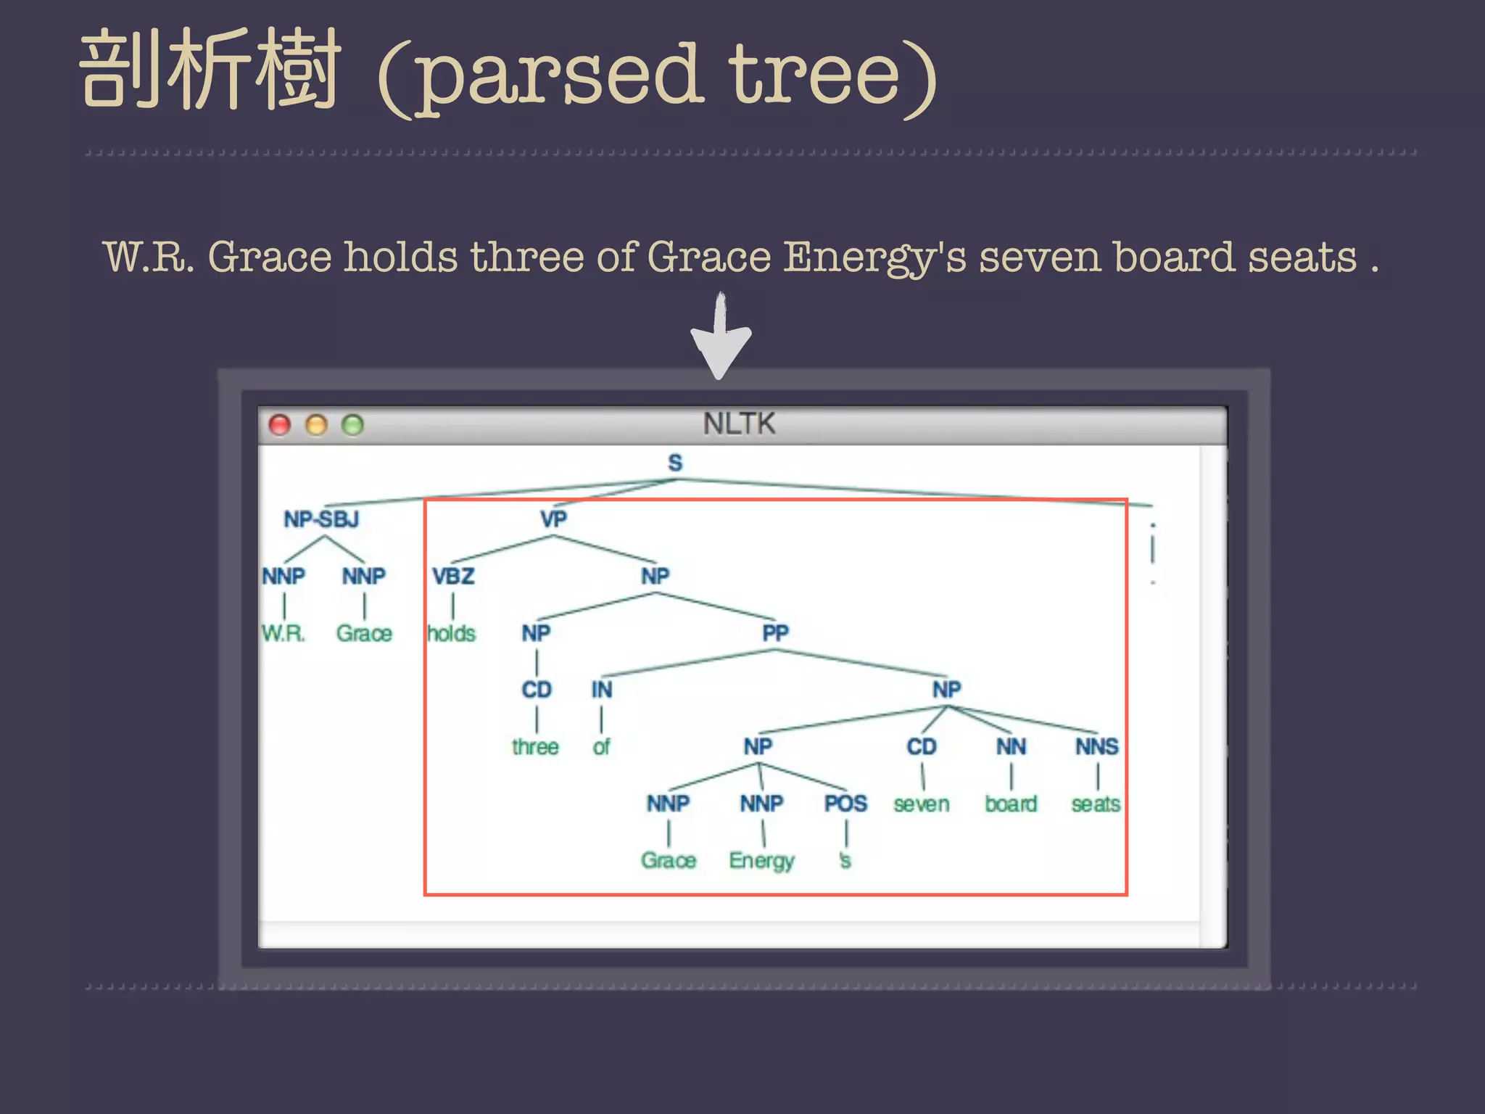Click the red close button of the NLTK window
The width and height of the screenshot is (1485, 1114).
pyautogui.click(x=280, y=425)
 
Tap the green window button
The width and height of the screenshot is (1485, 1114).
pyautogui.click(x=352, y=425)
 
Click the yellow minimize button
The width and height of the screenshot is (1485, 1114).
pyautogui.click(x=316, y=425)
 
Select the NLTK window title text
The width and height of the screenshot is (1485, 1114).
pyautogui.click(x=739, y=424)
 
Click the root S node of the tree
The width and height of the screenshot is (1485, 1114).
pyautogui.click(x=675, y=463)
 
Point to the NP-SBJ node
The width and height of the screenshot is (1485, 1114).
pyautogui.click(x=321, y=519)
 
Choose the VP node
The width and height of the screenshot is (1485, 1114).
pyautogui.click(x=553, y=519)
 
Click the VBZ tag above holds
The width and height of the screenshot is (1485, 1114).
pyautogui.click(x=453, y=577)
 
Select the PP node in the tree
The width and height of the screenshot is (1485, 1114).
pyautogui.click(x=775, y=633)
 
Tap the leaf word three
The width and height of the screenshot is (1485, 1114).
pyautogui.click(x=535, y=747)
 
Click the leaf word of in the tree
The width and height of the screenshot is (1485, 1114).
pyautogui.click(x=601, y=747)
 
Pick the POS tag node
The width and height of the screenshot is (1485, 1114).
pyautogui.click(x=845, y=804)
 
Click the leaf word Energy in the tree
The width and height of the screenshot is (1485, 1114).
pyautogui.click(x=761, y=861)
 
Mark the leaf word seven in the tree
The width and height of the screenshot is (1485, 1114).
pyautogui.click(x=921, y=804)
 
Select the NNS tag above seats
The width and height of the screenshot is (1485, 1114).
pyautogui.click(x=1096, y=747)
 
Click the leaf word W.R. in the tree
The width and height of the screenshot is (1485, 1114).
pyautogui.click(x=284, y=634)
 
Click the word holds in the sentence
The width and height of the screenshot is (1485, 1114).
pyautogui.click(x=400, y=257)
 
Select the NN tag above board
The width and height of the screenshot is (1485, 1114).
pyautogui.click(x=1011, y=747)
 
